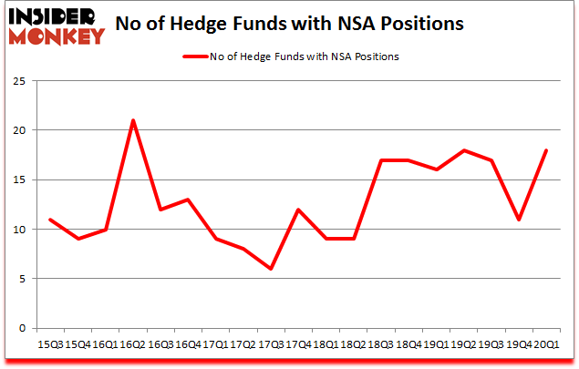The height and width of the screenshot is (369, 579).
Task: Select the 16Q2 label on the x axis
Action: (133, 344)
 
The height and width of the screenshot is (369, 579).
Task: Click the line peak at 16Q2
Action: (133, 120)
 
